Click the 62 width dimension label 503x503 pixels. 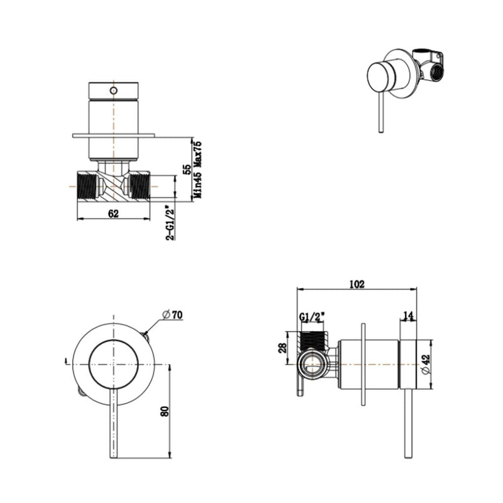tap(113, 214)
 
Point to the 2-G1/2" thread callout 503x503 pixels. tap(169, 222)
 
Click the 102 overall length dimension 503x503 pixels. tap(357, 284)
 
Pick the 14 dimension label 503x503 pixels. tap(409, 316)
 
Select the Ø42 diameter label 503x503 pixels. tap(427, 364)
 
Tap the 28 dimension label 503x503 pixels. tap(283, 347)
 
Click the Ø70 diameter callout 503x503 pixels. tap(172, 314)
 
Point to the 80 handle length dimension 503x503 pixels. tap(165, 412)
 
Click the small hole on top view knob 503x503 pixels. tap(114, 91)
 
